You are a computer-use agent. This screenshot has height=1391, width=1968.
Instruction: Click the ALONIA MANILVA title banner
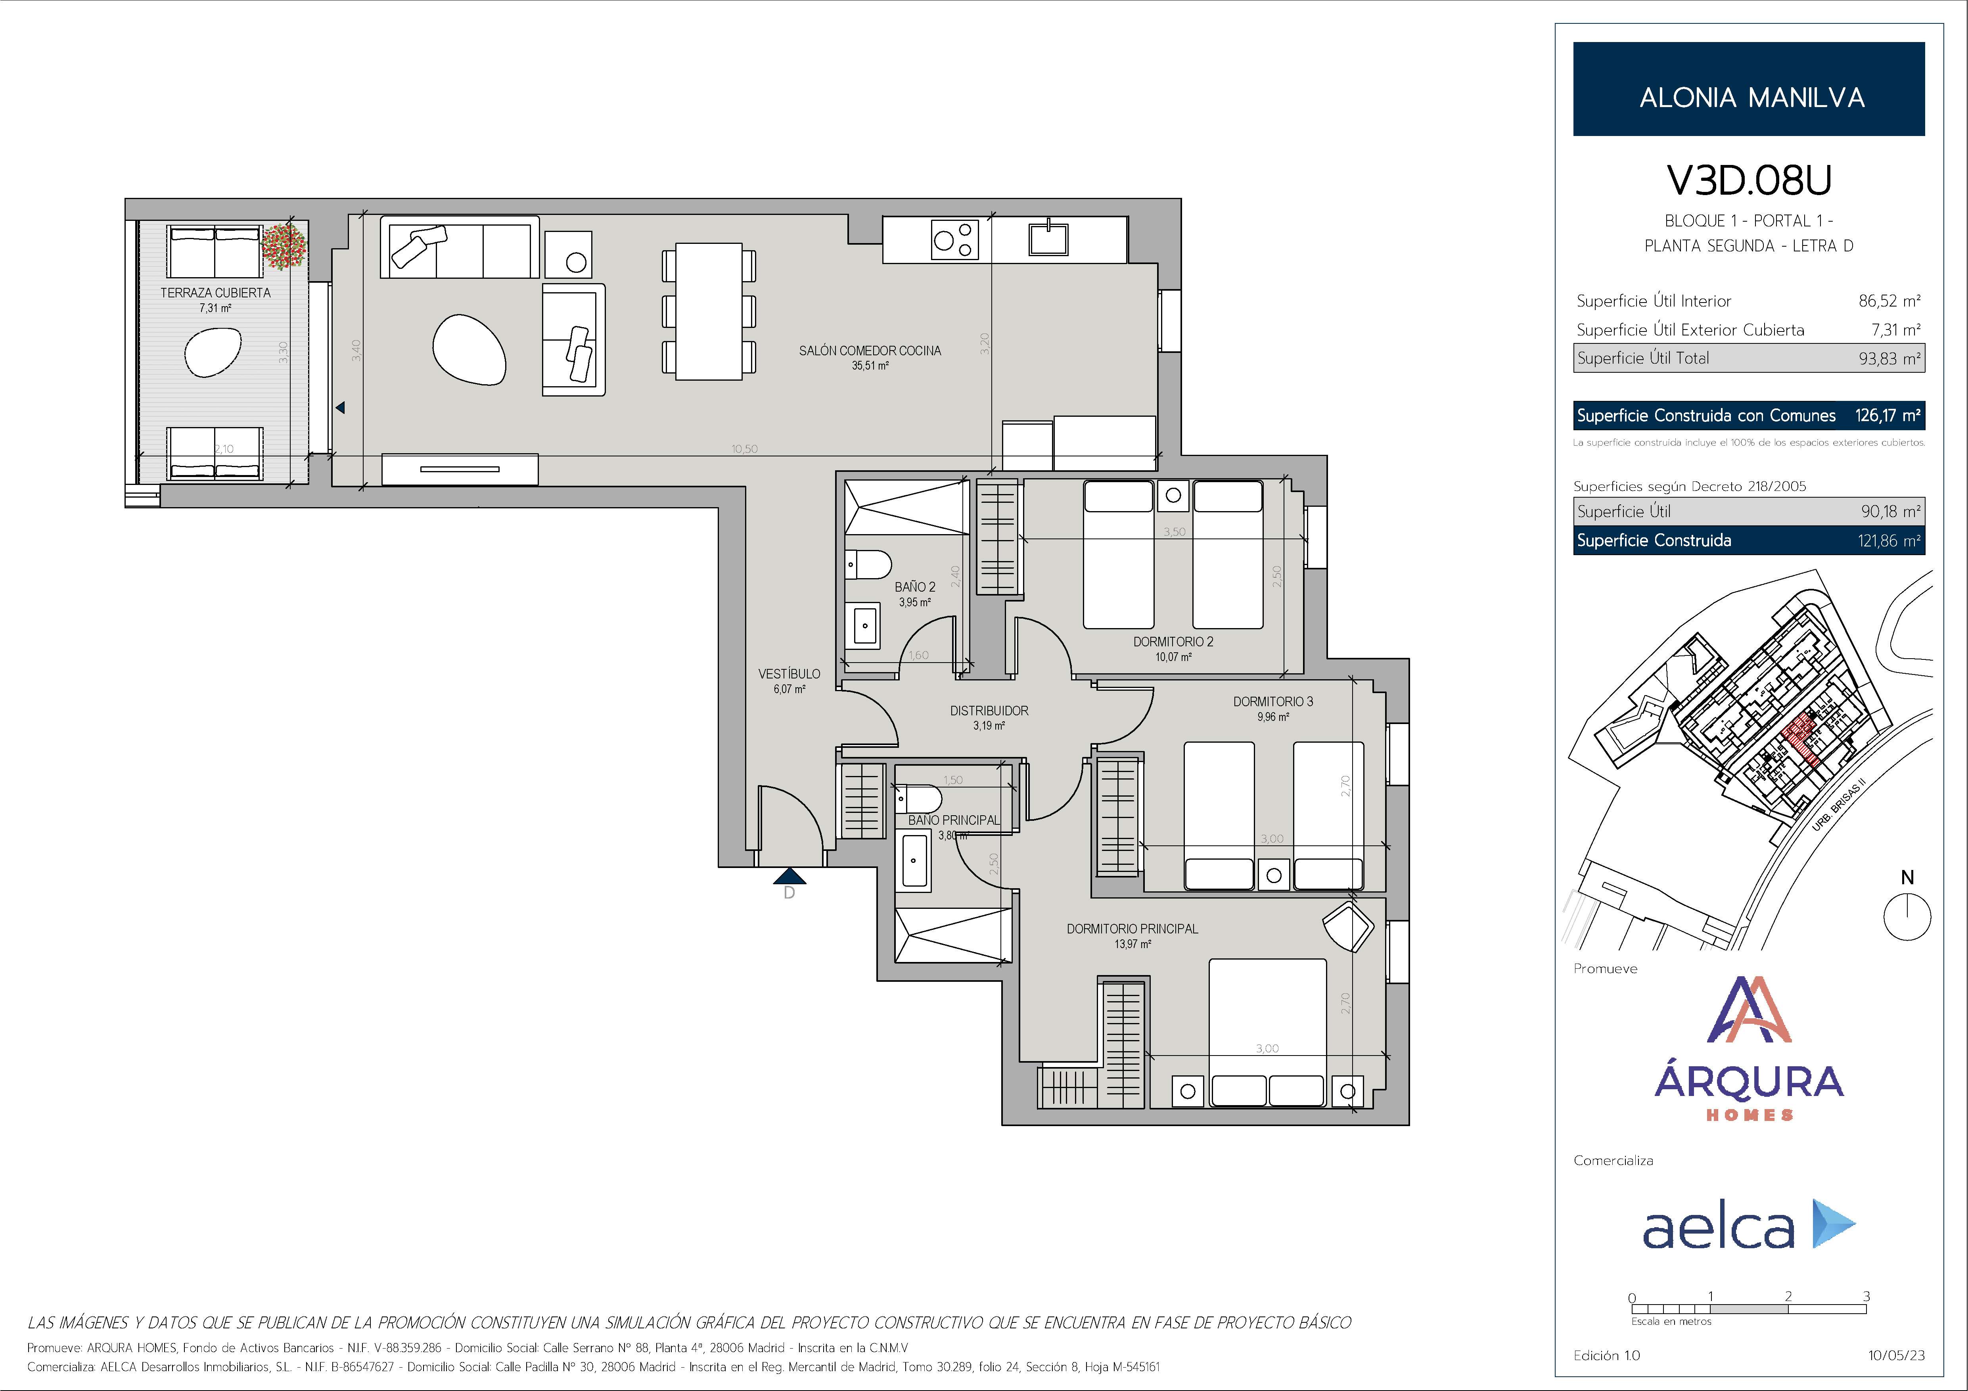pyautogui.click(x=1749, y=89)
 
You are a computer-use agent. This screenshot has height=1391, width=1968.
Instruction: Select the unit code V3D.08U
pyautogui.click(x=1749, y=180)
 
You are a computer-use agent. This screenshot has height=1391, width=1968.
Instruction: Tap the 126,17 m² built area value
pyautogui.click(x=1888, y=416)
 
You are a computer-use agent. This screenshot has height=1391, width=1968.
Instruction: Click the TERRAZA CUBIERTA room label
pyautogui.click(x=215, y=293)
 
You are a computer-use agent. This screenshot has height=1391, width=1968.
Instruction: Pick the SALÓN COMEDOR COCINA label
pyautogui.click(x=870, y=351)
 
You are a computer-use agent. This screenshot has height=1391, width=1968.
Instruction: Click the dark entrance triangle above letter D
pyautogui.click(x=789, y=877)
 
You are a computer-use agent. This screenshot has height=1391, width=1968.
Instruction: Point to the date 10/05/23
pyautogui.click(x=1896, y=1355)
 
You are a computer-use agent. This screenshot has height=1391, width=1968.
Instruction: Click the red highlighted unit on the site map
pyautogui.click(x=1800, y=739)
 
